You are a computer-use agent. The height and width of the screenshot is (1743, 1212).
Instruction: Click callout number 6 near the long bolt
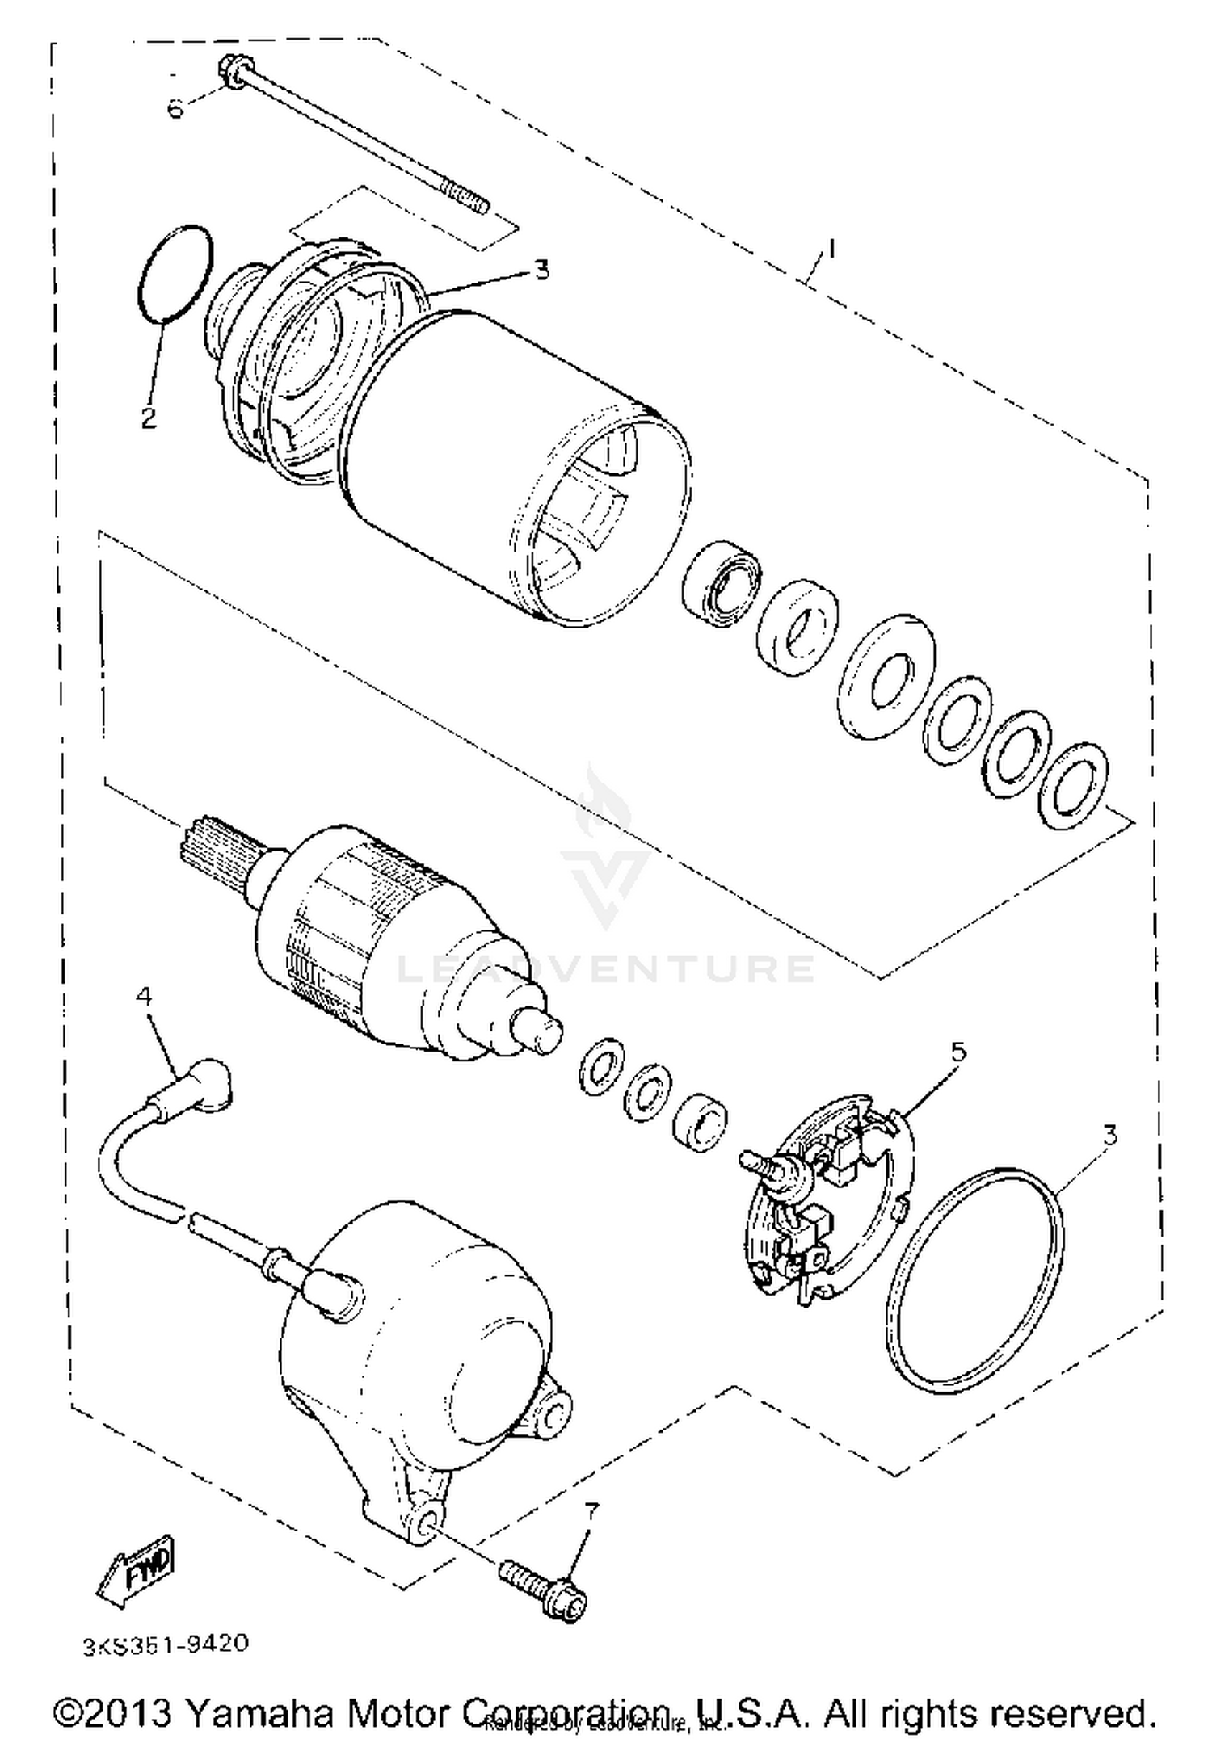point(175,108)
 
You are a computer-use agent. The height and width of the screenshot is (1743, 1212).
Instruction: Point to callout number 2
point(148,418)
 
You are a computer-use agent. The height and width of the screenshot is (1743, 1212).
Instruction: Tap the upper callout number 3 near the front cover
point(541,270)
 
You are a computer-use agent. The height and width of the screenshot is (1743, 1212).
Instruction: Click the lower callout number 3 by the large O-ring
point(1110,1135)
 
